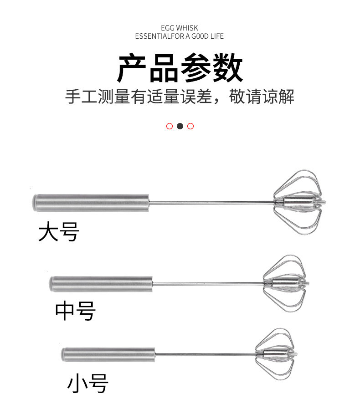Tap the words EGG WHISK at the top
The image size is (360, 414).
tap(180, 28)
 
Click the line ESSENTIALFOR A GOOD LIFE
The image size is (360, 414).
tap(180, 36)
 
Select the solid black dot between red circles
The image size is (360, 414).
tap(180, 126)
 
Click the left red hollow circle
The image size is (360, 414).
tap(170, 126)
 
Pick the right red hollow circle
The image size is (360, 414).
tap(190, 126)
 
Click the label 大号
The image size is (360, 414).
tap(59, 232)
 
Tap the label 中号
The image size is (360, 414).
tap(75, 311)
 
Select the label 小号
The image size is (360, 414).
tap(88, 383)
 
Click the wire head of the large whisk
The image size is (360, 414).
tap(298, 203)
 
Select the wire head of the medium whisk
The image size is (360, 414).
tap(285, 283)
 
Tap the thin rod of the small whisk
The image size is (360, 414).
tap(205, 354)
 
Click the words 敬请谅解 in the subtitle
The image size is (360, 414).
tap(262, 97)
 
